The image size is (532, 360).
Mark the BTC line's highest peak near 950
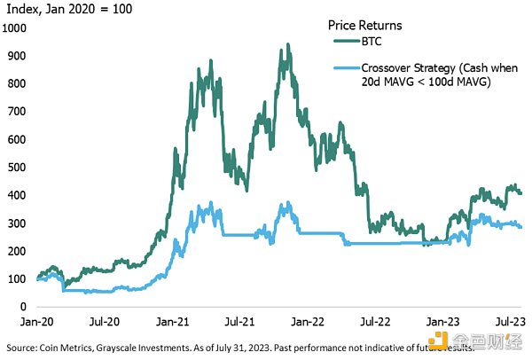coord(286,43)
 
